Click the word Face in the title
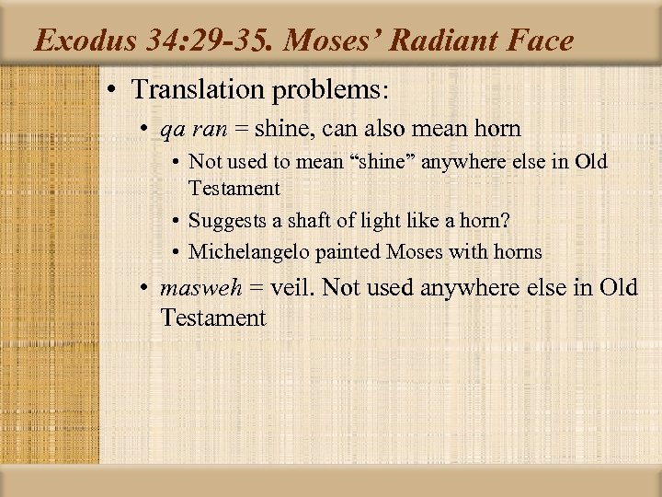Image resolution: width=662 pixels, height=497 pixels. pyautogui.click(x=543, y=41)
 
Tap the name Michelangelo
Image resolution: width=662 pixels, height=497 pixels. pyautogui.click(x=240, y=251)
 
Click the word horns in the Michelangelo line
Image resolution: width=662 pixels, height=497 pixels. pyautogui.click(x=517, y=251)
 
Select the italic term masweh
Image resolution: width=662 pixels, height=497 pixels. pyautogui.click(x=200, y=287)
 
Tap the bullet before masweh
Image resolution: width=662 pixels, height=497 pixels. pyautogui.click(x=145, y=287)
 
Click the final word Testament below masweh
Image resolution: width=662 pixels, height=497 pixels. pyautogui.click(x=212, y=318)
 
